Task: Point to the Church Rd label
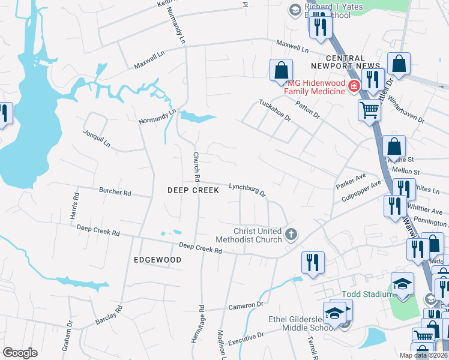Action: click(196, 166)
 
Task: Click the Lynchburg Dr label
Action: click(247, 190)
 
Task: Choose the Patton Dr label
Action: click(307, 108)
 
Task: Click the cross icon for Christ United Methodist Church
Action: click(291, 234)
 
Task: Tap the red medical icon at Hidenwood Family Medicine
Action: click(354, 86)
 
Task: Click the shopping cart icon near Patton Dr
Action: click(369, 110)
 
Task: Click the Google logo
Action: click(20, 353)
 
